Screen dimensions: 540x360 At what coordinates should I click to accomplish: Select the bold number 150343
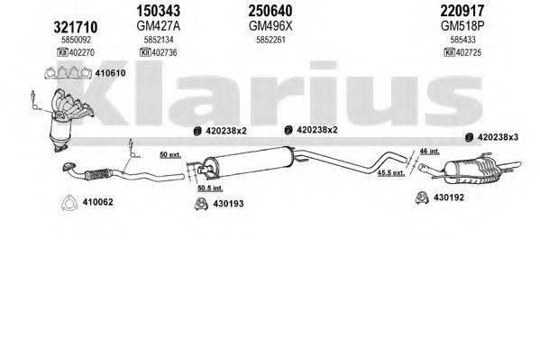tap(159, 12)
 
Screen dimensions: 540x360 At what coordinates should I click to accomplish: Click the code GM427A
tap(158, 27)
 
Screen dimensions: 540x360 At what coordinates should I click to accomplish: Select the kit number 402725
tap(468, 52)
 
